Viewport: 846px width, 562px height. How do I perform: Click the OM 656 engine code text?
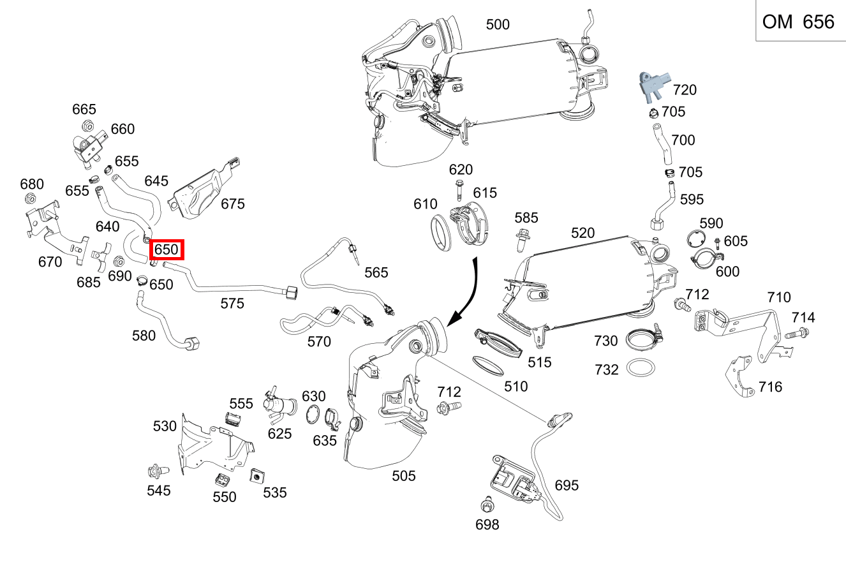pyautogui.click(x=798, y=22)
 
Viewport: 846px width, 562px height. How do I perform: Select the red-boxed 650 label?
pyautogui.click(x=166, y=249)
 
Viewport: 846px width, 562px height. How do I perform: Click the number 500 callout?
pyautogui.click(x=498, y=25)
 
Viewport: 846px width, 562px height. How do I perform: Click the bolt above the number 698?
pyautogui.click(x=487, y=505)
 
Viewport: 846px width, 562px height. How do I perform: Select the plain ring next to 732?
pyautogui.click(x=641, y=369)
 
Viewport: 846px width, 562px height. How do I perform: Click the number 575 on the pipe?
pyautogui.click(x=232, y=304)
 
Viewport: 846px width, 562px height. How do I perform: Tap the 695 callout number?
pyautogui.click(x=566, y=485)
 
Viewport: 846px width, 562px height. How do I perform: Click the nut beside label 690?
pyautogui.click(x=119, y=262)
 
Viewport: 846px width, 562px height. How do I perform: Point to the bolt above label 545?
pyautogui.click(x=156, y=472)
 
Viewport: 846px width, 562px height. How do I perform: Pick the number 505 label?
pyautogui.click(x=403, y=476)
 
